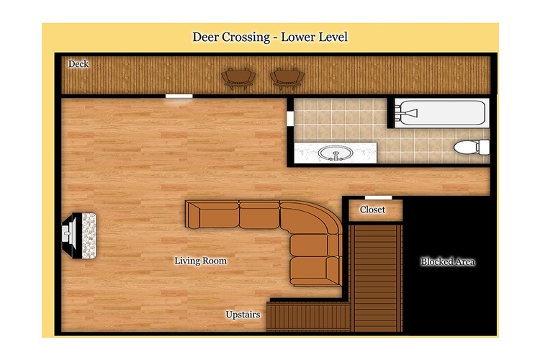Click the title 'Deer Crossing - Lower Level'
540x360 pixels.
pyautogui.click(x=270, y=37)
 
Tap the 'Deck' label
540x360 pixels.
pyautogui.click(x=78, y=64)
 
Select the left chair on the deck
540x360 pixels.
pyautogui.click(x=238, y=79)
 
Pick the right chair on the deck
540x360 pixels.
pyautogui.click(x=287, y=79)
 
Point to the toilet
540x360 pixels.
pyautogui.click(x=472, y=147)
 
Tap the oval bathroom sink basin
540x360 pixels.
pyautogui.click(x=335, y=153)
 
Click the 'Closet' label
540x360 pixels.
pyautogui.click(x=372, y=210)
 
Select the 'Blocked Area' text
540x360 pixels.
pyautogui.click(x=448, y=262)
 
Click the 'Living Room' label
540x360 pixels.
pyautogui.click(x=200, y=261)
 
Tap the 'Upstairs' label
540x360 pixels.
pyautogui.click(x=243, y=315)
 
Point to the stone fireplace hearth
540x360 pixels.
pyautogui.click(x=89, y=235)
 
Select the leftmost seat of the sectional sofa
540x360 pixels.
pyautogui.click(x=212, y=215)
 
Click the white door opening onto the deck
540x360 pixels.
pyautogui.click(x=179, y=96)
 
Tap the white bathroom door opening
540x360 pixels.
pyautogui.click(x=290, y=119)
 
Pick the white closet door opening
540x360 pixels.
pyautogui.click(x=379, y=197)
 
